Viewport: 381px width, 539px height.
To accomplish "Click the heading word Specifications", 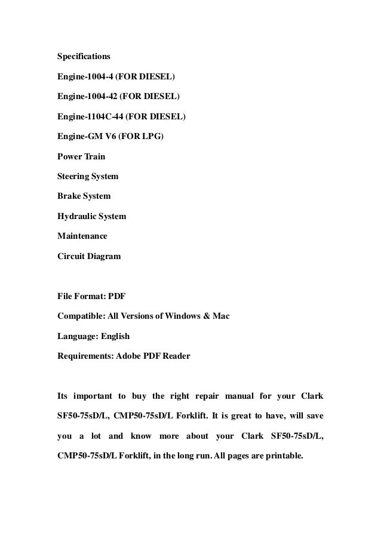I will point(84,57).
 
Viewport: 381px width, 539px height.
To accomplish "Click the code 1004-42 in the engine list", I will point(100,96).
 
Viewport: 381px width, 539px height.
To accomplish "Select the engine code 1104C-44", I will point(104,116).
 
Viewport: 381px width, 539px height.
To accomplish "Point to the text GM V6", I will point(101,137).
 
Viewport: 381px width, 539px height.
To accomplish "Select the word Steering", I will point(73,177).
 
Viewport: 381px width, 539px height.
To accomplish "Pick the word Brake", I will point(69,196).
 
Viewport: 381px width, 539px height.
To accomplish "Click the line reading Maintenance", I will point(82,236).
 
